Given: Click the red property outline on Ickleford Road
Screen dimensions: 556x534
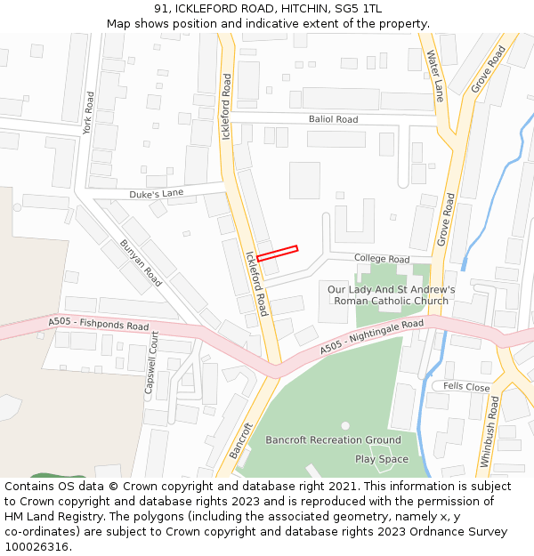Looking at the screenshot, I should point(277,253).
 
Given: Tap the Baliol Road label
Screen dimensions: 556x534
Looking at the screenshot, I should point(333,119).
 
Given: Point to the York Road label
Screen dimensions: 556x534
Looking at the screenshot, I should point(87,112).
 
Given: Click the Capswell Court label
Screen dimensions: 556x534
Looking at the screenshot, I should point(150,362).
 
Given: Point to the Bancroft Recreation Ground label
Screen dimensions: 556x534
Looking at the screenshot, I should point(333,439).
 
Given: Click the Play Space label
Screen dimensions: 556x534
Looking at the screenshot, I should point(382,459).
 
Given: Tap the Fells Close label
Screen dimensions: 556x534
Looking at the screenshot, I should point(466,387).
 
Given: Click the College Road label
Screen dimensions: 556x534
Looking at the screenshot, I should point(381,259).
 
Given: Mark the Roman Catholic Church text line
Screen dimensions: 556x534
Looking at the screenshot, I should point(391,301).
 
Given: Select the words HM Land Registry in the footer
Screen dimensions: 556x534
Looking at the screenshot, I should point(46,516).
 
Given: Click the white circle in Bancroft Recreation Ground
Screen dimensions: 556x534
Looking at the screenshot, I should point(345,425).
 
